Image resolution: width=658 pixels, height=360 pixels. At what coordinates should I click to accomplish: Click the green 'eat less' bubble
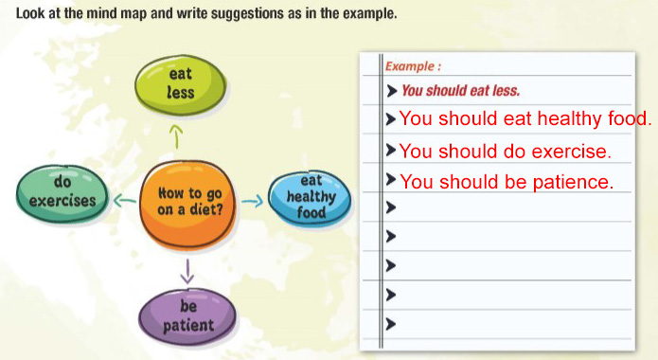[181, 86]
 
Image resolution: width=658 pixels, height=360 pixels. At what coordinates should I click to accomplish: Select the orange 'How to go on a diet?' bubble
[187, 204]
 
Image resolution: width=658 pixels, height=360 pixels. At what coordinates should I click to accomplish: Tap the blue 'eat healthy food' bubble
[310, 198]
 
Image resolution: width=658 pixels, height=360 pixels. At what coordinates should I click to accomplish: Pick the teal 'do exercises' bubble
[62, 193]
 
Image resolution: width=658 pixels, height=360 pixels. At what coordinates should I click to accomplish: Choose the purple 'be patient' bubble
[187, 316]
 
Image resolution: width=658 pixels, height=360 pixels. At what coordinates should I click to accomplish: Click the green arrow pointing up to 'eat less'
[177, 136]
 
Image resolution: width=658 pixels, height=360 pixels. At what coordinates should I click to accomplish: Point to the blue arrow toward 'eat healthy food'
[252, 201]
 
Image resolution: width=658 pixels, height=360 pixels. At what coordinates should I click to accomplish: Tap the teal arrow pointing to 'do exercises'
[125, 201]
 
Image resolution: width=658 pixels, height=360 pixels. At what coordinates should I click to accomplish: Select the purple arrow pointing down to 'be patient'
[187, 271]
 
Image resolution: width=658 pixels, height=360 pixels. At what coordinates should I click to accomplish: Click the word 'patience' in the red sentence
[573, 182]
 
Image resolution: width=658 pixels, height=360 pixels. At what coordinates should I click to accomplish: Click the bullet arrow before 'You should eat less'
[391, 91]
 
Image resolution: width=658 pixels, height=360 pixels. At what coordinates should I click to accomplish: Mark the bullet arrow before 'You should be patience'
[391, 179]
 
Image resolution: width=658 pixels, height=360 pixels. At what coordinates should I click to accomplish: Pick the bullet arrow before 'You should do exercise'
[391, 150]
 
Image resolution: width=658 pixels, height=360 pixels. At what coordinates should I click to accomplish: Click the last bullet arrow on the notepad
[391, 324]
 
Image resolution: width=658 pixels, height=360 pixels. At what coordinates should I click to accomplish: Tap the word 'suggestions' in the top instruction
[248, 14]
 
